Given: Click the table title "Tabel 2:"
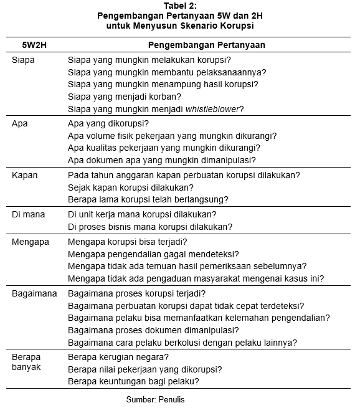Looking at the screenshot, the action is coord(179,6).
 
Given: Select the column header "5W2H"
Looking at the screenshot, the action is coord(34,45).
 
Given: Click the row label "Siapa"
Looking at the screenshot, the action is coord(23,60).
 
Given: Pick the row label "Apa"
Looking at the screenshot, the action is coord(20,123).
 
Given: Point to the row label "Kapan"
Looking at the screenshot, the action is coord(24,176).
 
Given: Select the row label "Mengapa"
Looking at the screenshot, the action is coord(31,242).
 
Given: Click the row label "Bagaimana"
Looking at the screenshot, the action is coord(34,293).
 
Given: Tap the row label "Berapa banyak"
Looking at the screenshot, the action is coord(26,363).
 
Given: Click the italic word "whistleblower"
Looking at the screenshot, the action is coord(214,108).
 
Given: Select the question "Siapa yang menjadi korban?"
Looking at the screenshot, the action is coord(124,97).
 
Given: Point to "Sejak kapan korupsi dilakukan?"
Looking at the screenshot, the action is coord(130,187).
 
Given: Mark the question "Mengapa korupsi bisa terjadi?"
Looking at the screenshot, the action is coord(127,242).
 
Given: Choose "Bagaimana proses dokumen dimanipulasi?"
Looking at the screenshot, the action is coord(153,330).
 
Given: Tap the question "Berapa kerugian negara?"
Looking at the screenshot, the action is coord(118,358).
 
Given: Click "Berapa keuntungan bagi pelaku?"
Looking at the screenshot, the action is coord(133,381).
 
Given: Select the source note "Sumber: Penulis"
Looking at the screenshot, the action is coord(155,399).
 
